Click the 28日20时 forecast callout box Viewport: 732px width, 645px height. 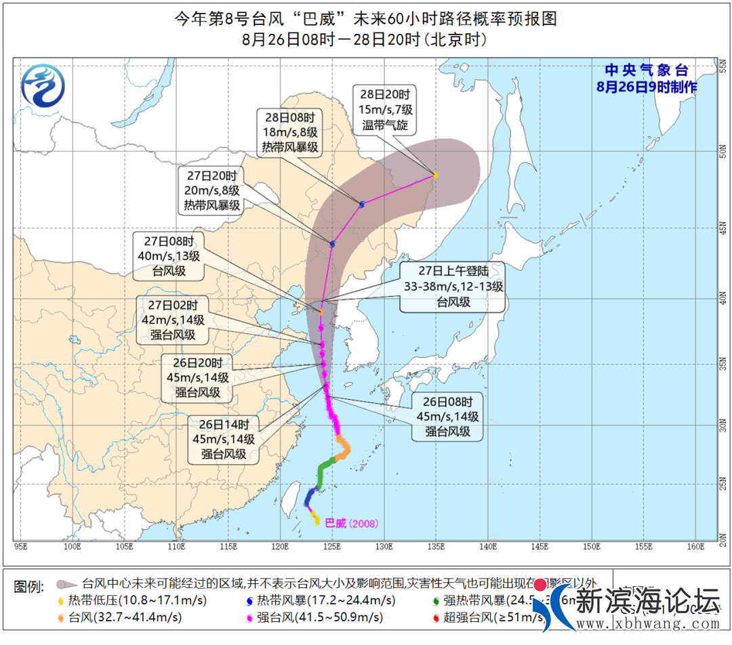(x=384, y=109)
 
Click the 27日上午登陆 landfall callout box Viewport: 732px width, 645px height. (x=453, y=287)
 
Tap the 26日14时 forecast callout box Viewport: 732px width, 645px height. (x=224, y=439)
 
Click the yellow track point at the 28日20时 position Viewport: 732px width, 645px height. (x=435, y=175)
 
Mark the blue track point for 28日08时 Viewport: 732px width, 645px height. (x=362, y=204)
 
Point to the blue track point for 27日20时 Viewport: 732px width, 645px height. (x=332, y=244)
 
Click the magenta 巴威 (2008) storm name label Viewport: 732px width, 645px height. (x=351, y=523)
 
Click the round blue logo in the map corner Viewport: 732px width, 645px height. (x=43, y=86)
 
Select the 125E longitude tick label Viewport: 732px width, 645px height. (x=331, y=546)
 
